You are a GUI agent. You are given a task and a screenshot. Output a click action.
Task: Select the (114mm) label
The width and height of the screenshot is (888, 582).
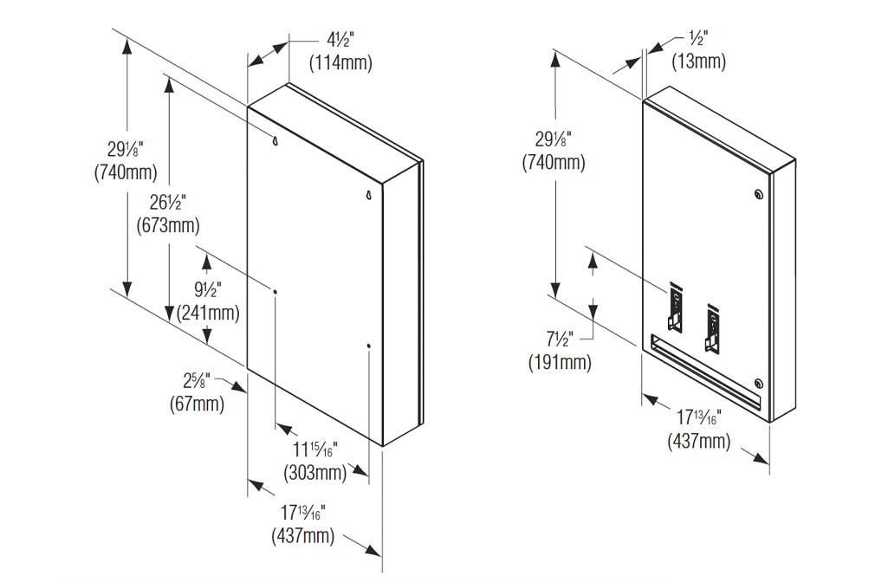(340, 63)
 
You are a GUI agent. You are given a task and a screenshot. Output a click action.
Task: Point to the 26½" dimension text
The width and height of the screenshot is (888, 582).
(167, 204)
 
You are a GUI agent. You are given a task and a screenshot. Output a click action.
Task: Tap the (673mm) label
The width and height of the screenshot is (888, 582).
(168, 226)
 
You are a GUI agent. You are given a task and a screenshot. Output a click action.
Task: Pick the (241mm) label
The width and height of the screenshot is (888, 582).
(207, 313)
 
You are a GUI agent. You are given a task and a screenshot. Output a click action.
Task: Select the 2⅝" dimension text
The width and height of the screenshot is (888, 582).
(197, 381)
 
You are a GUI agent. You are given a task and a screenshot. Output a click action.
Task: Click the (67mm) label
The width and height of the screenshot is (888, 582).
(197, 403)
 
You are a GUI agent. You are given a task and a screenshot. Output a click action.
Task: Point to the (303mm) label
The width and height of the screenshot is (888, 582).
(314, 473)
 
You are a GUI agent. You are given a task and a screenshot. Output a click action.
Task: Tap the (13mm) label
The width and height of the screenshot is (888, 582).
(699, 61)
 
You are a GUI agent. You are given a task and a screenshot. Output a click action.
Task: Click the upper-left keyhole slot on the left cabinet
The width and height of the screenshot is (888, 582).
(275, 140)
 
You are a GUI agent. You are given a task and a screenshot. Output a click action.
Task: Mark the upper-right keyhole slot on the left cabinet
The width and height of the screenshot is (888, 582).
(367, 195)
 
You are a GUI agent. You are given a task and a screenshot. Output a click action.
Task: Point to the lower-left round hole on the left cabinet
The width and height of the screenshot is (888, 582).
(275, 292)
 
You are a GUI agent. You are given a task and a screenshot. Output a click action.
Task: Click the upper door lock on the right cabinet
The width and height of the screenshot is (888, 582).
(759, 195)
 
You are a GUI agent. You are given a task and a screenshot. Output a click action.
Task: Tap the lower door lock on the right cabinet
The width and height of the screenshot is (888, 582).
(759, 384)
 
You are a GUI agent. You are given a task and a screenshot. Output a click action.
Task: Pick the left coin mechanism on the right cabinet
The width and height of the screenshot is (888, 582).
(675, 308)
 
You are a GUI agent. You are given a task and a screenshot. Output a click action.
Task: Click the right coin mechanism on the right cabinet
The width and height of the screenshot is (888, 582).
(712, 329)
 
